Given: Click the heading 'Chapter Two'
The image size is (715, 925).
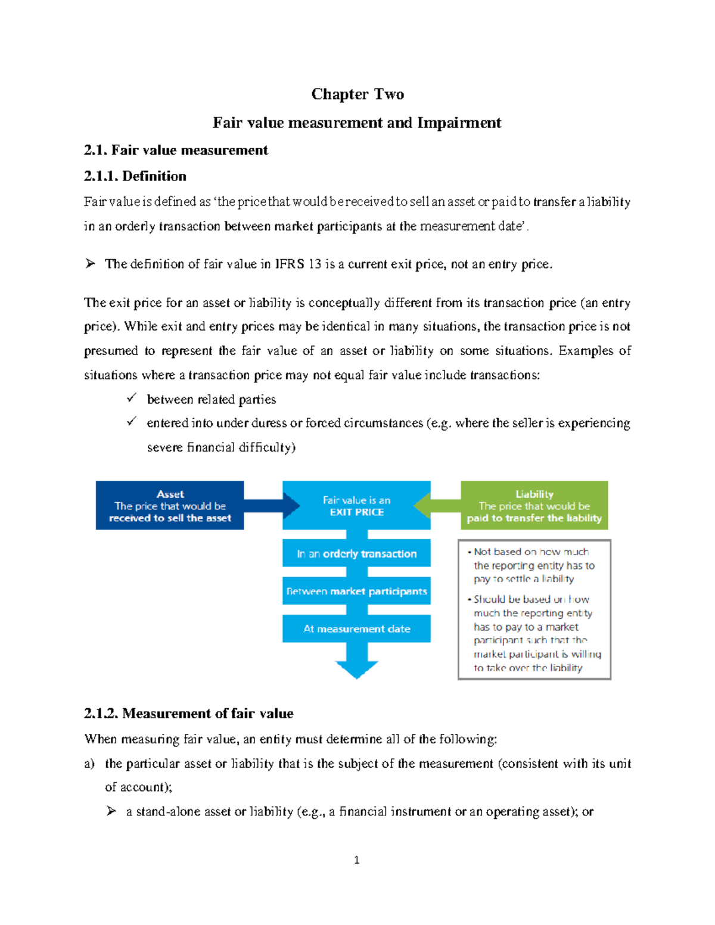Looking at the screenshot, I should pos(357,94).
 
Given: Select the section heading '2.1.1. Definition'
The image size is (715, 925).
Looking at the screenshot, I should pos(135,176).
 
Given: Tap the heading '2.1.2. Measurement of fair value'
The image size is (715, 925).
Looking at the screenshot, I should pos(189,714).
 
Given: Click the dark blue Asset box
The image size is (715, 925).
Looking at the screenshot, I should pos(170,506).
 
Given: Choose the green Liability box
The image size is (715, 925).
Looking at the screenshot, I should pos(534,506).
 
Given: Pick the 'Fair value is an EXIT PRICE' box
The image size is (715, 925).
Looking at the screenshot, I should pos(356,506).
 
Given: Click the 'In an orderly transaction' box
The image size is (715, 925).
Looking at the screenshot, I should pos(356,553).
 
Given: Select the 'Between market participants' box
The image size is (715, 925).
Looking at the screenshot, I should pos(356,591).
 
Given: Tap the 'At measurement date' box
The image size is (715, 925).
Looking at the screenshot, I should pos(356,628).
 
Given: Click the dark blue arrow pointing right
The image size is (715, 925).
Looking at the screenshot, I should pos(271,506).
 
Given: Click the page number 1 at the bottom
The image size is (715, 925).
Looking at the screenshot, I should pos(356,859).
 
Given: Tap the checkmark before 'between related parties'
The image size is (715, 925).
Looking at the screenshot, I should pos(132,397).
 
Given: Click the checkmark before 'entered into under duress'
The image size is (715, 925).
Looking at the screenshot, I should pos(132,421).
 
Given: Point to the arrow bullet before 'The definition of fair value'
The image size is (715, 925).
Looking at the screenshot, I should pos(90,263).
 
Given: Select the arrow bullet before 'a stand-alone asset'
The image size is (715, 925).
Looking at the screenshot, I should pos(111,811).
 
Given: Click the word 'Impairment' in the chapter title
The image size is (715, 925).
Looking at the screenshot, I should pos(459,123).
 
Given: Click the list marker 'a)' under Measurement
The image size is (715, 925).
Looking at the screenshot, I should pos(89,764).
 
